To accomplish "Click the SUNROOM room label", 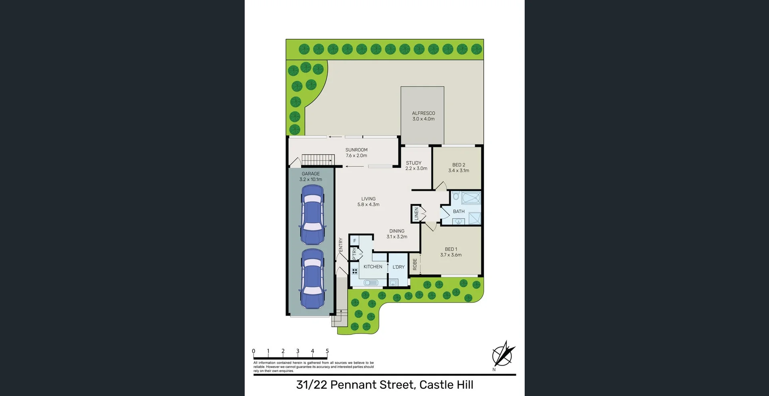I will coord(356,153).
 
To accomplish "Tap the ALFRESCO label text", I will coord(423,116).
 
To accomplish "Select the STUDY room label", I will coord(416,165).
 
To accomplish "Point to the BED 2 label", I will coord(459,167).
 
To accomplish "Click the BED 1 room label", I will coord(451,252).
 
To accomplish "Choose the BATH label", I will coord(459,211).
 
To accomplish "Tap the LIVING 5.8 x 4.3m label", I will coord(368,201).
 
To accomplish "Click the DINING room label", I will coord(397,234).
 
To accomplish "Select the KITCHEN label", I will coord(372,267).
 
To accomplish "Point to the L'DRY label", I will coord(398,267).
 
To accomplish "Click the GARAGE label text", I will coord(310,177).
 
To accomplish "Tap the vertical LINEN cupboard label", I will coord(416,213).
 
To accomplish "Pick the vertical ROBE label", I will coord(415,264).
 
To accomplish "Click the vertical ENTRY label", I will coord(340,245).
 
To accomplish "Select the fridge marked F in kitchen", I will coord(354,241).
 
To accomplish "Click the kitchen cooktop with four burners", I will coord(354,271).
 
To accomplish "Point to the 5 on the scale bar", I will coord(327,351).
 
